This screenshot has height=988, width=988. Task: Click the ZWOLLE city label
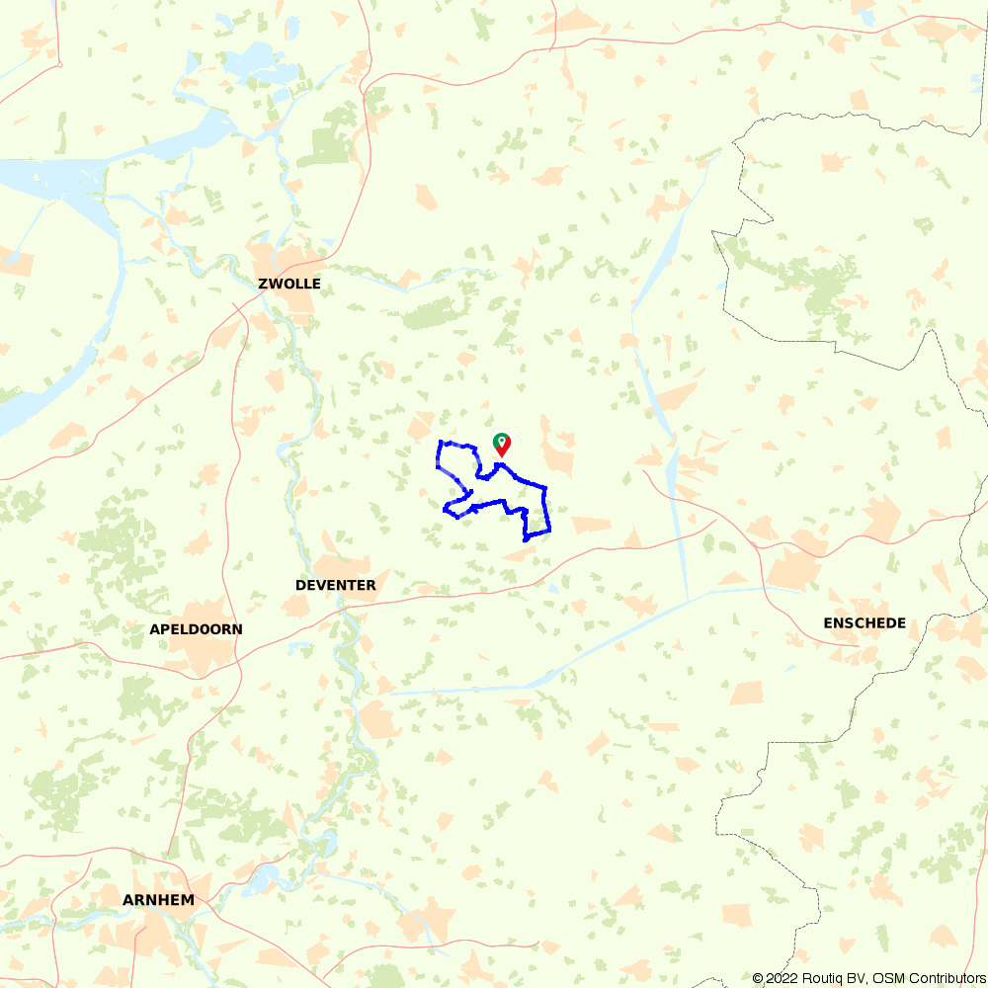pyautogui.click(x=288, y=284)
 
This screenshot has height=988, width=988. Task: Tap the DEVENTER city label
pyautogui.click(x=335, y=585)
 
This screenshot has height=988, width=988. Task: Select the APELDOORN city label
pyautogui.click(x=196, y=629)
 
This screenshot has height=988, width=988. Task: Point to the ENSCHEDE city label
pyautogui.click(x=864, y=623)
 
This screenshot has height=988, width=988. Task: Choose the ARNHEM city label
pyautogui.click(x=158, y=900)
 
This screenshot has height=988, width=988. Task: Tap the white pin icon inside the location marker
pyautogui.click(x=502, y=441)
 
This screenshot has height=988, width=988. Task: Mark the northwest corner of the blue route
pyautogui.click(x=439, y=442)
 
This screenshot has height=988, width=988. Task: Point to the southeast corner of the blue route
pyautogui.click(x=548, y=533)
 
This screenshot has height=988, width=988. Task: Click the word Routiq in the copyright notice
pyautogui.click(x=816, y=978)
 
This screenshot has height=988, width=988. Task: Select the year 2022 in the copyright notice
pyautogui.click(x=778, y=978)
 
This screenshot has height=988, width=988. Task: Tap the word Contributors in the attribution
pyautogui.click(x=946, y=978)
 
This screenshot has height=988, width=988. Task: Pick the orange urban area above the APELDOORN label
pyautogui.click(x=203, y=608)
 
